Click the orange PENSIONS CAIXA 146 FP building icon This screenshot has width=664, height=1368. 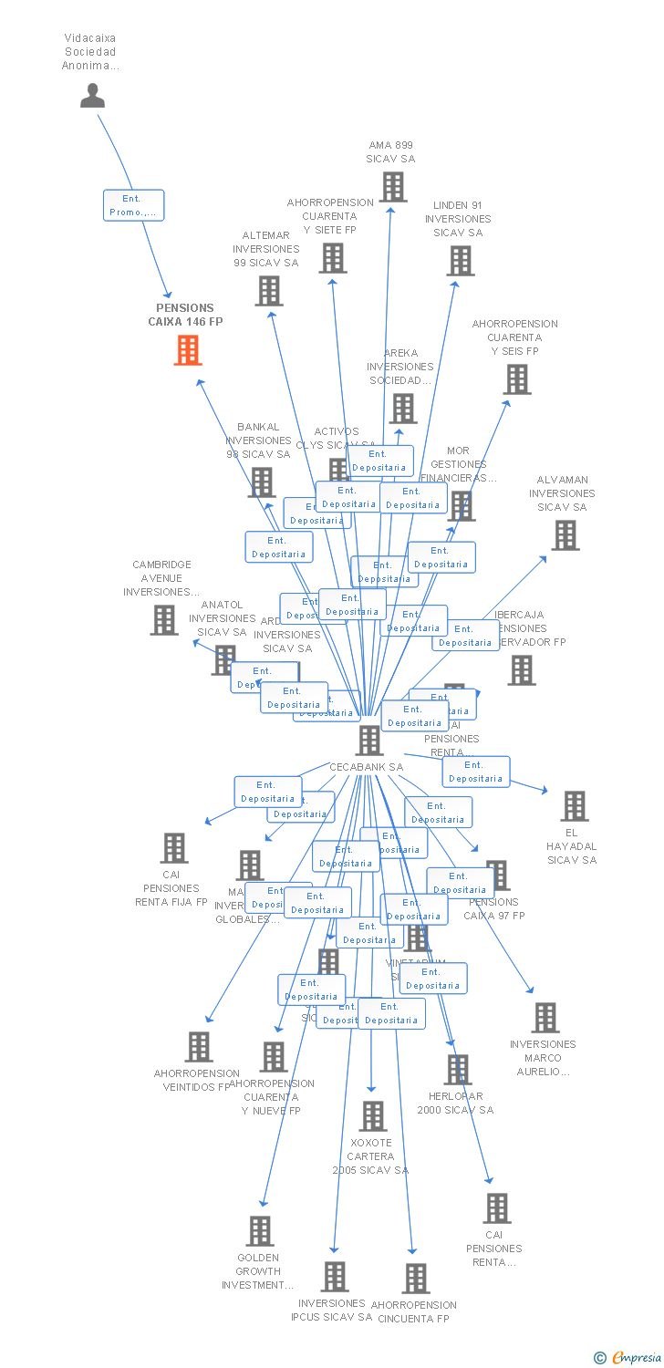pyautogui.click(x=188, y=350)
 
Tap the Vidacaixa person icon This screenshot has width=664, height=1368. pyautogui.click(x=92, y=95)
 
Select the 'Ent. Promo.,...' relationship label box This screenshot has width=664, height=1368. pyautogui.click(x=133, y=205)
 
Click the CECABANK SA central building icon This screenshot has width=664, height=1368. pyautogui.click(x=369, y=740)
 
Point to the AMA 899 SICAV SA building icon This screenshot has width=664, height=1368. pyautogui.click(x=393, y=187)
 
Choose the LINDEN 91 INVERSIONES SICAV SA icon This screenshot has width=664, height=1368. pyautogui.click(x=461, y=261)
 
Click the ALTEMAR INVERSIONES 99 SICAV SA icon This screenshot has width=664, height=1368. pyautogui.click(x=269, y=291)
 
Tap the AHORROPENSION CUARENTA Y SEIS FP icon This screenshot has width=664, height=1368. pyautogui.click(x=517, y=379)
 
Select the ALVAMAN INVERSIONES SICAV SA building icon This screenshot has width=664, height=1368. pyautogui.click(x=565, y=535)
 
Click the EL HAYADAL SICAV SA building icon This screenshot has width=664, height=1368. pyautogui.click(x=575, y=806)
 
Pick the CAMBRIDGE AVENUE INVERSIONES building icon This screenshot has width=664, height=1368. pyautogui.click(x=164, y=620)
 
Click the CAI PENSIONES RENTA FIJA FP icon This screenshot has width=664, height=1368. pyautogui.click(x=174, y=848)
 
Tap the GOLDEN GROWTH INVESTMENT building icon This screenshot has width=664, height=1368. pyautogui.click(x=260, y=1231)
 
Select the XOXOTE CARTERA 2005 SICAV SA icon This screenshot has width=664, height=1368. pyautogui.click(x=373, y=1116)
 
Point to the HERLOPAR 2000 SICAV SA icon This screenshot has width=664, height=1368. pyautogui.click(x=458, y=1070)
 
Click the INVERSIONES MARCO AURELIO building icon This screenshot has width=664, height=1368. pyautogui.click(x=545, y=1018)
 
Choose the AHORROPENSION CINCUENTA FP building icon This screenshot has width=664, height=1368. pyautogui.click(x=416, y=1279)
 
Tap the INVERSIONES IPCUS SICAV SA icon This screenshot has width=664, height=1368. pyautogui.click(x=336, y=1277)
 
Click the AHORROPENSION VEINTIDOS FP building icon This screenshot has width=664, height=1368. pyautogui.click(x=199, y=1047)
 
